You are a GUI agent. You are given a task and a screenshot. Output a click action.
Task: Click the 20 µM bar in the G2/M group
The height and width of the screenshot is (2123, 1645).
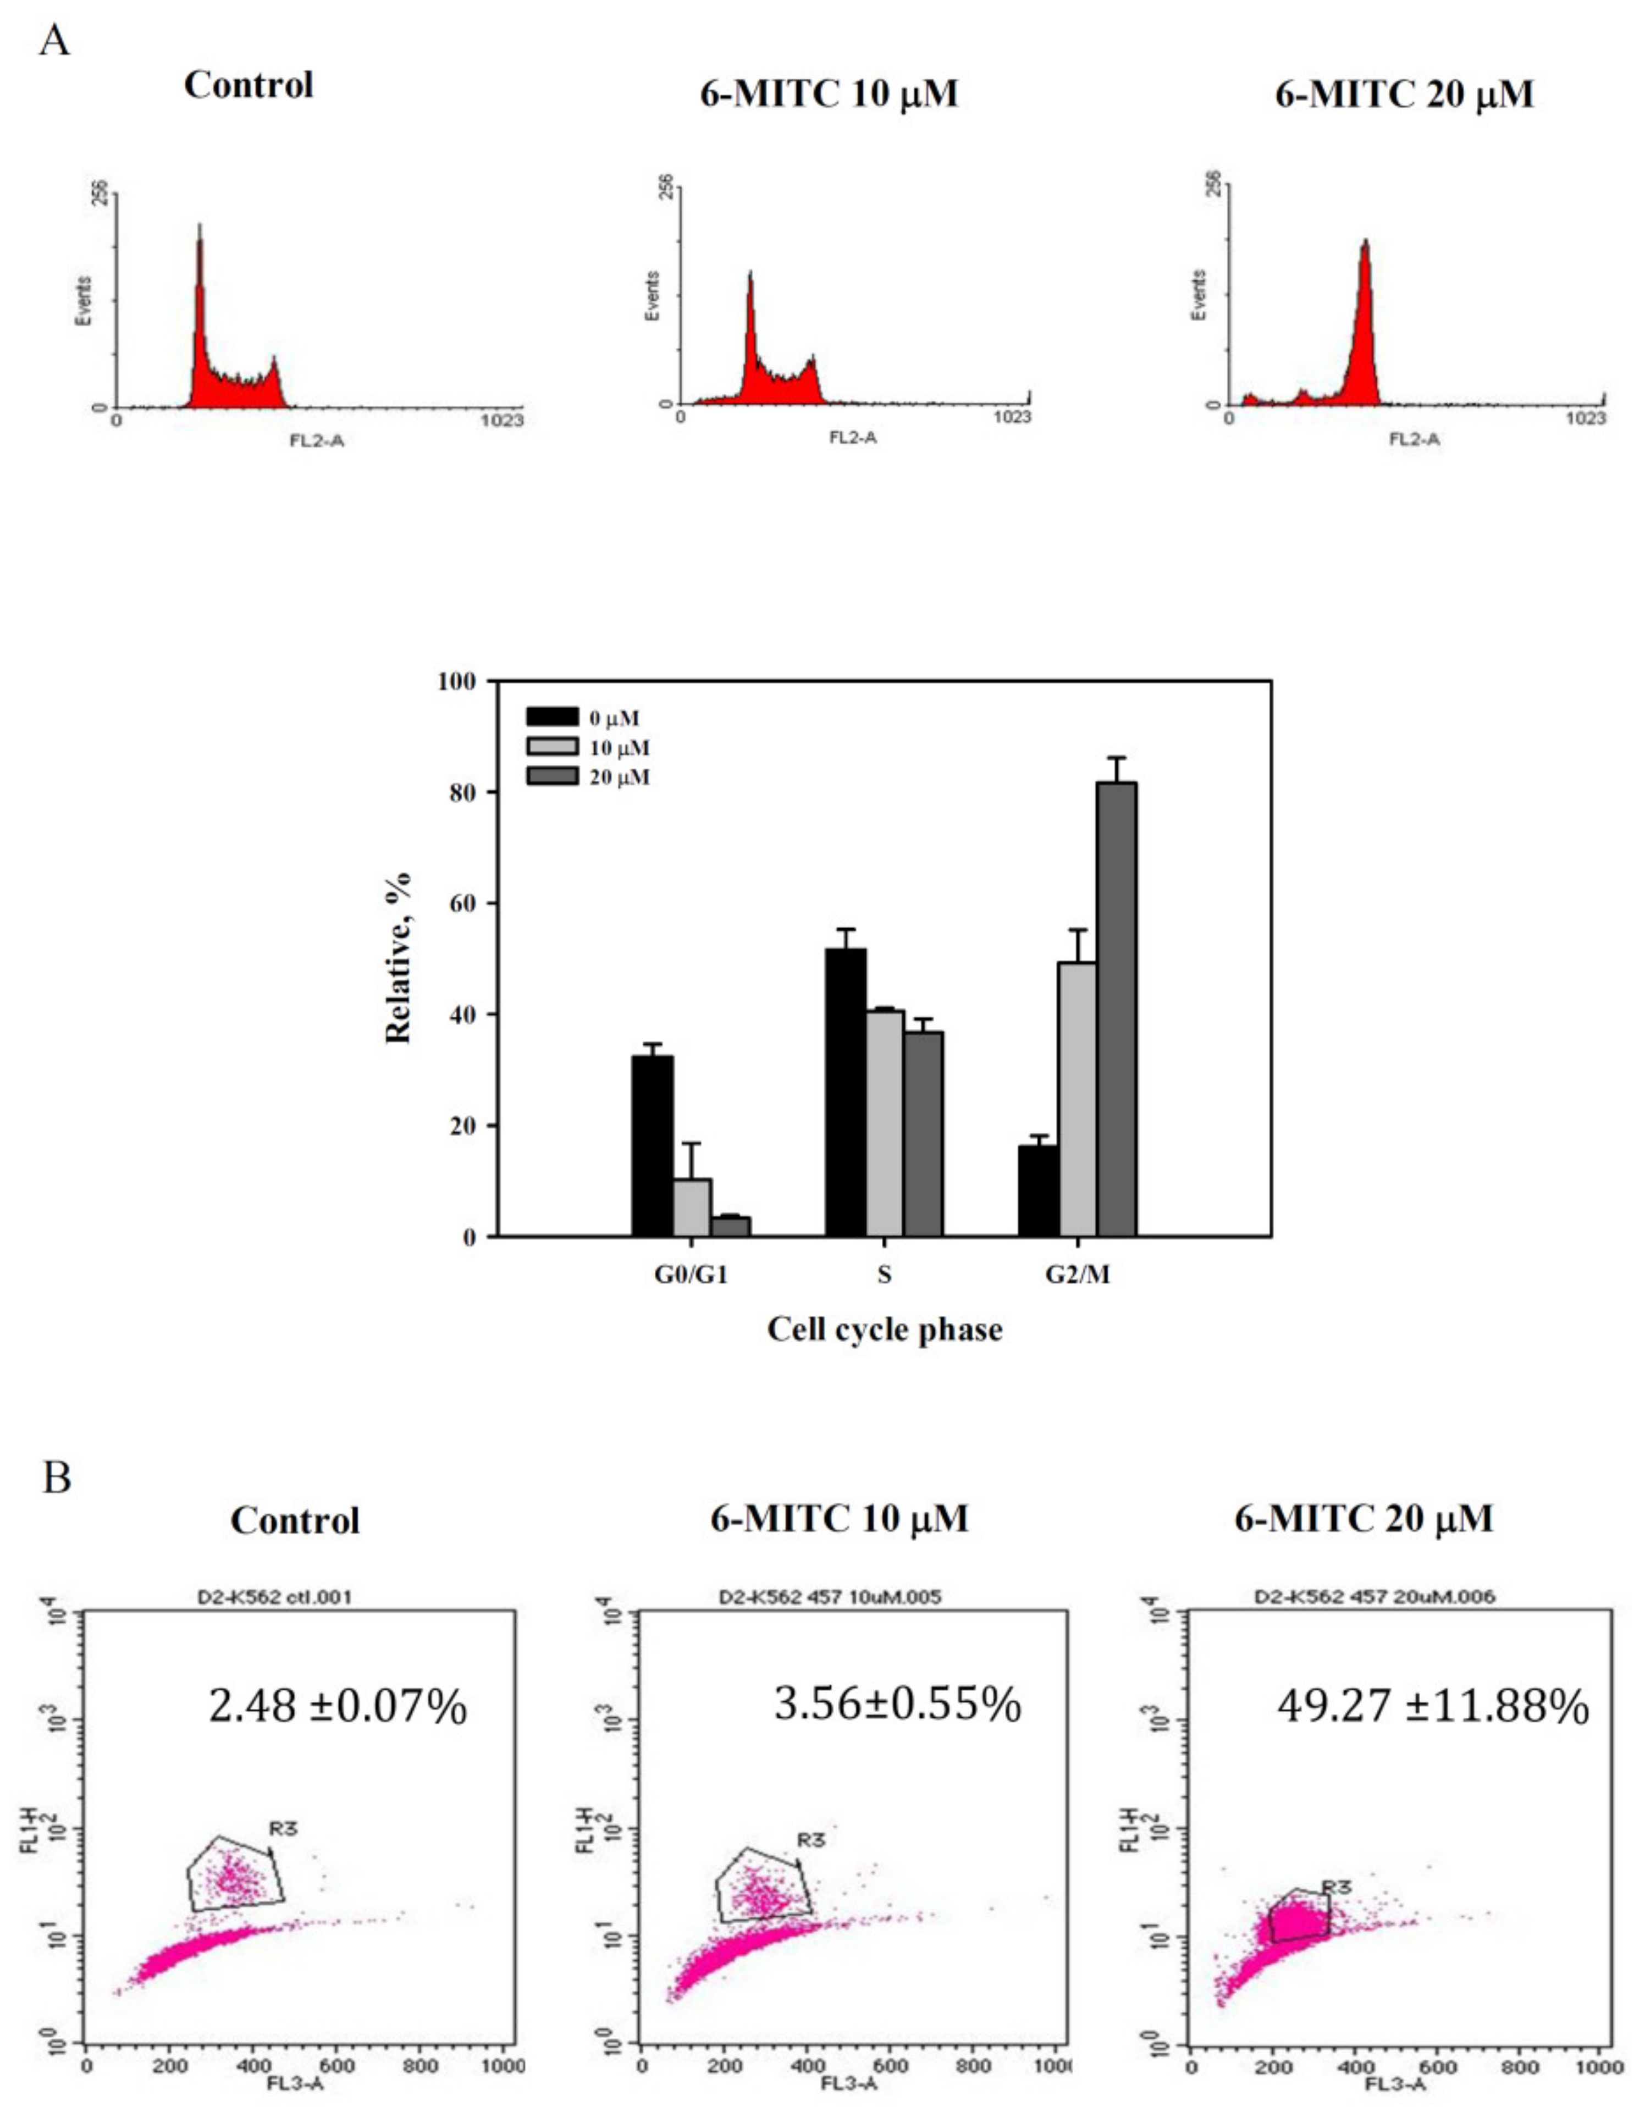(1116, 1011)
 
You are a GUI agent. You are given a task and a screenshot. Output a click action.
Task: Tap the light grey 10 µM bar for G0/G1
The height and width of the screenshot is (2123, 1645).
(691, 1208)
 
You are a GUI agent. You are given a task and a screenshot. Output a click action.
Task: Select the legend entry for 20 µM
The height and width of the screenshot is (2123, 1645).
(619, 777)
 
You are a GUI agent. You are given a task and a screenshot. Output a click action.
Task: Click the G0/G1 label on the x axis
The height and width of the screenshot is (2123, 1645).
(691, 1275)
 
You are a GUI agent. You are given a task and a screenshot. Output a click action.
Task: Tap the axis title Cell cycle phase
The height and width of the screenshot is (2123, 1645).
(884, 1329)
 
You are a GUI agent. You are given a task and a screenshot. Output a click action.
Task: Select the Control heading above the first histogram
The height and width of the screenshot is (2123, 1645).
(249, 85)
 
